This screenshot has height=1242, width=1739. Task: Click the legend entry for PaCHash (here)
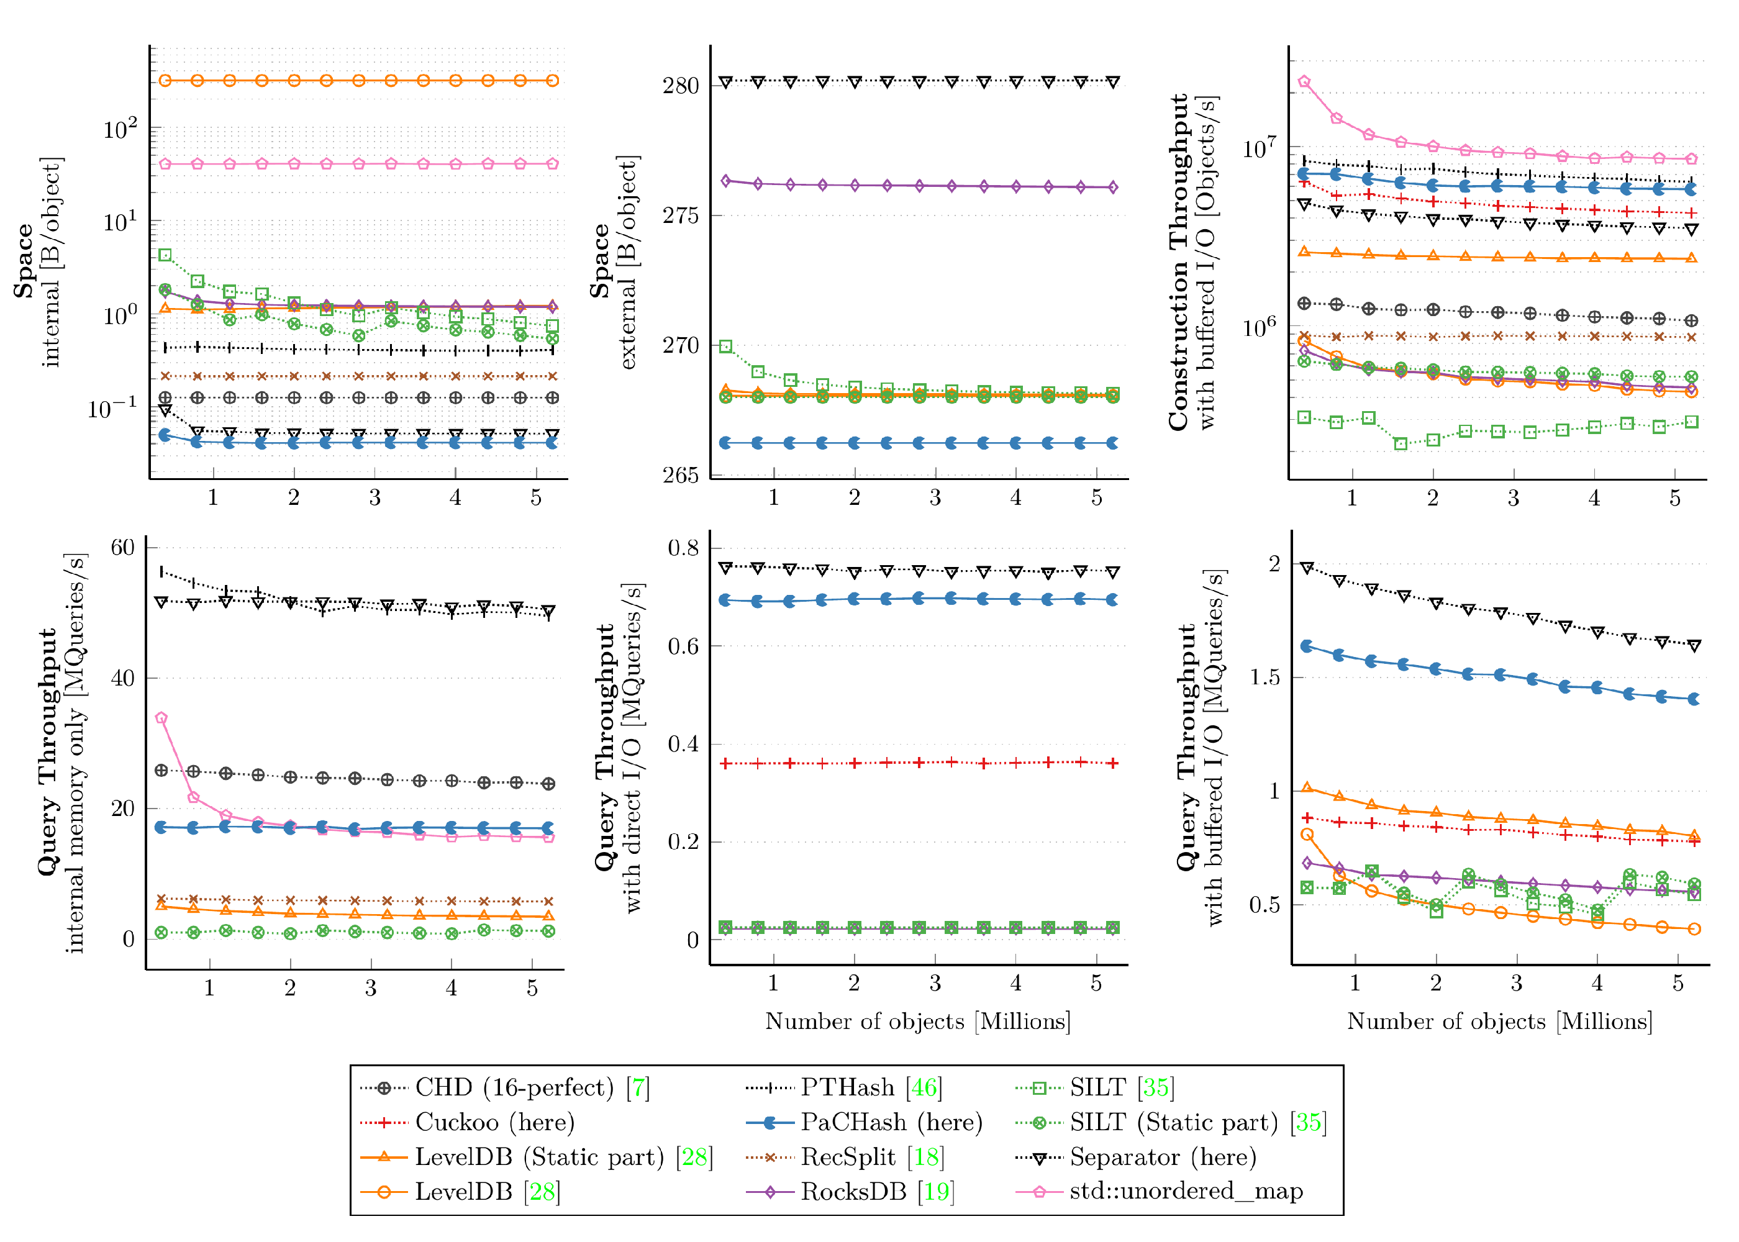tap(890, 1122)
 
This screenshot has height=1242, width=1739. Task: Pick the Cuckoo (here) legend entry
tap(494, 1122)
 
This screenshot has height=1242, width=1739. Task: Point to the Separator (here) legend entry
tap(1163, 1156)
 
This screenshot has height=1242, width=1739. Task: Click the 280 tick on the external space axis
tap(681, 85)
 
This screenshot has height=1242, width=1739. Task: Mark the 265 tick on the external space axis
tap(681, 475)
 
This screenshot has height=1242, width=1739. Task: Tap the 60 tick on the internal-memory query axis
tap(122, 548)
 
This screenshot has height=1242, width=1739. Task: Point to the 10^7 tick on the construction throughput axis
tap(1260, 148)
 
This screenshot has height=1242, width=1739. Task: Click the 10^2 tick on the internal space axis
tap(120, 129)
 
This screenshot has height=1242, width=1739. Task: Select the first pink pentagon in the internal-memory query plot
tap(161, 718)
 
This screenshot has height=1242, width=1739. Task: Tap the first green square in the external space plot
tap(726, 347)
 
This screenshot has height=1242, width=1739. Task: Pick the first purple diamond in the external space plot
tap(726, 181)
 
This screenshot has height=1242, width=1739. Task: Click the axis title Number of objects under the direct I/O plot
tap(918, 1021)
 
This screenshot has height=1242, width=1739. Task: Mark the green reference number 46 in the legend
tap(924, 1087)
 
